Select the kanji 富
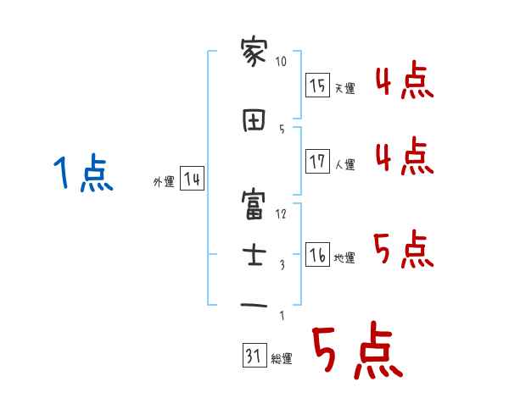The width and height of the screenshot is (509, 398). (x=254, y=205)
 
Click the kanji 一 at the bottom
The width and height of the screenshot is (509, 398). (x=254, y=305)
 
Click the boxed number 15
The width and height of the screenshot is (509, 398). (x=317, y=85)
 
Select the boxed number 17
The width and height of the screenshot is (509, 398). (x=317, y=162)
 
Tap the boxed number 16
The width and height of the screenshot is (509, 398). (x=317, y=256)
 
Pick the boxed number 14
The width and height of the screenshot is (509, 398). (x=192, y=179)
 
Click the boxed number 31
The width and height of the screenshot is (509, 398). (x=253, y=357)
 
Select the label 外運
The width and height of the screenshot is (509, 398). (x=164, y=181)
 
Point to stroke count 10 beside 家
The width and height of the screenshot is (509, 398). (x=282, y=62)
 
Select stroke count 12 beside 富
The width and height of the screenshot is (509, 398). (x=282, y=213)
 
